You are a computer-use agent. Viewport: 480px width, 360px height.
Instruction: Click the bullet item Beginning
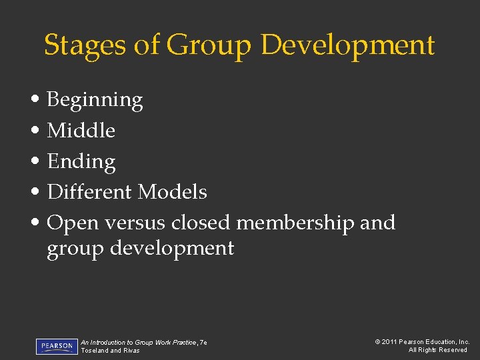(95, 101)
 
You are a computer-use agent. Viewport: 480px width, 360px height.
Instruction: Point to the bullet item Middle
(81, 131)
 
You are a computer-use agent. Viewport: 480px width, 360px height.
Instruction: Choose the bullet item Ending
(81, 162)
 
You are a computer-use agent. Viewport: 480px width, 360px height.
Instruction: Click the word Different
(90, 192)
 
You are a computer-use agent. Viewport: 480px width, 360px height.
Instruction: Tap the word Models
(173, 192)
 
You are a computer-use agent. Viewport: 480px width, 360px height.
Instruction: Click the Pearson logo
(57, 347)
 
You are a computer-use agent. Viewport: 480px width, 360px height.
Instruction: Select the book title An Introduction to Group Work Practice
(138, 342)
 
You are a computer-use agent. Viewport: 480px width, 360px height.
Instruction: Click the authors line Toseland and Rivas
(110, 351)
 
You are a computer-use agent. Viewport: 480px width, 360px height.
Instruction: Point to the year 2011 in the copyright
(389, 342)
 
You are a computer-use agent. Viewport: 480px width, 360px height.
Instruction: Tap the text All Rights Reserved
(438, 350)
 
